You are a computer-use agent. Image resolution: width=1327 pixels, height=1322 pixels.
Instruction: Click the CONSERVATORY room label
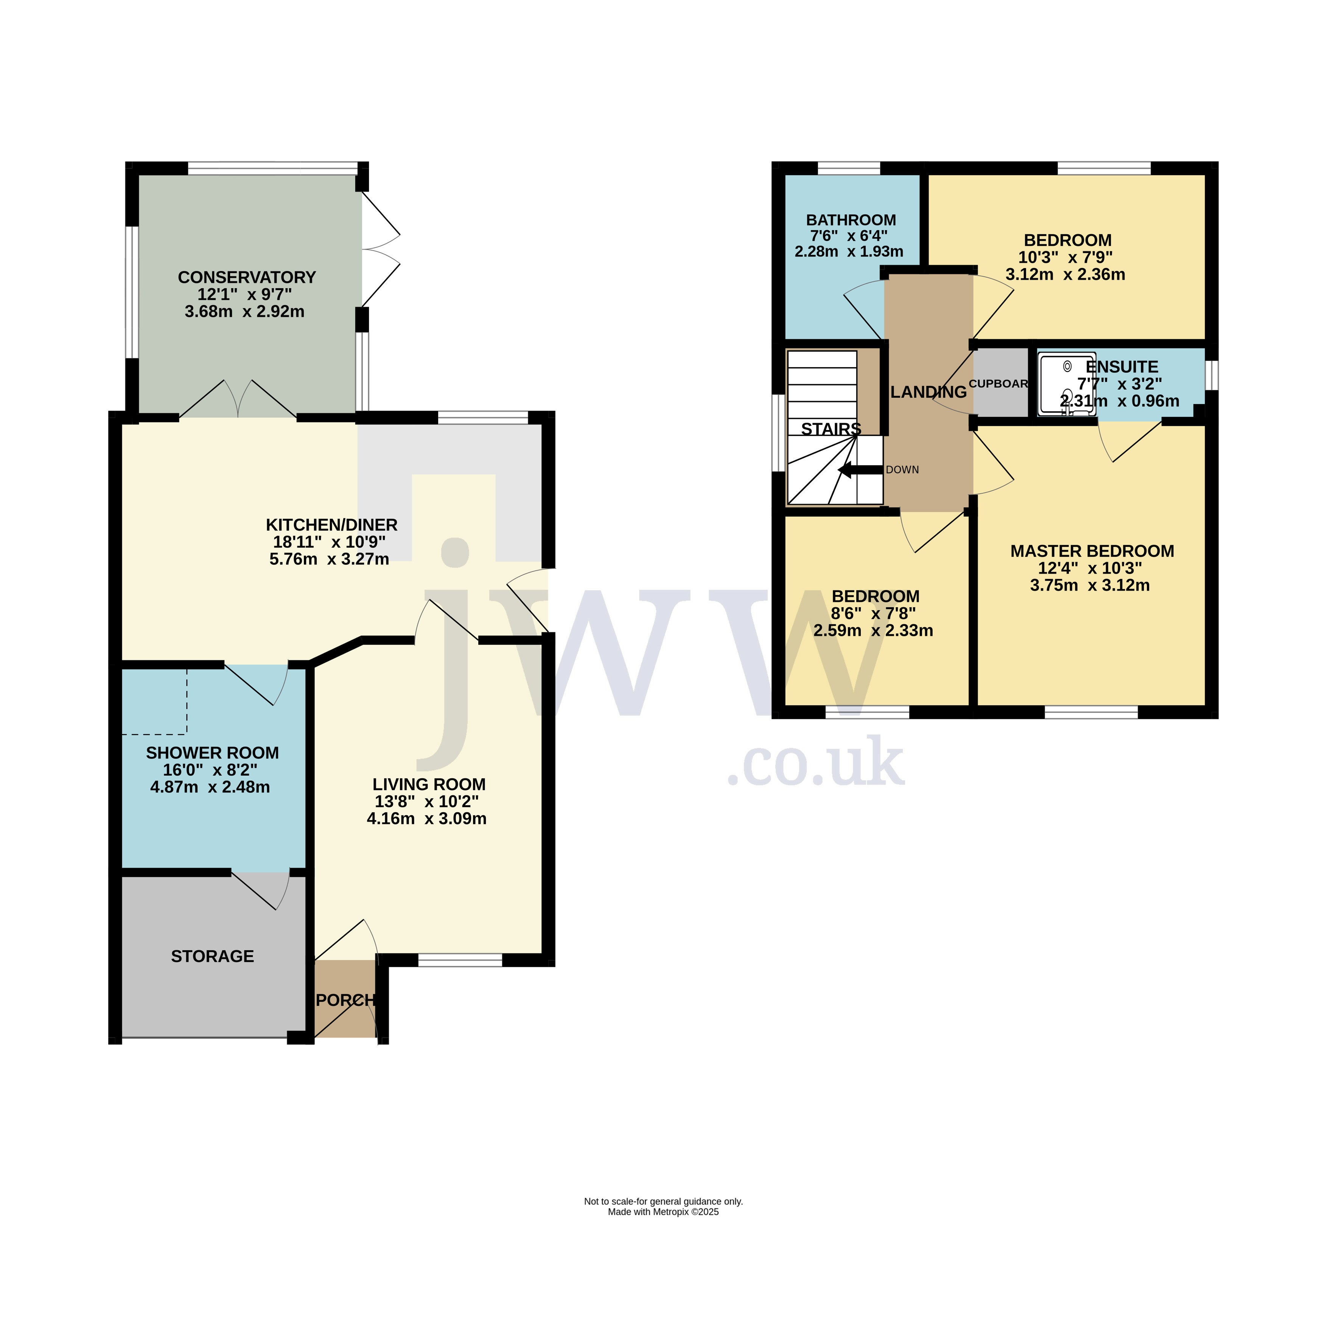point(247,277)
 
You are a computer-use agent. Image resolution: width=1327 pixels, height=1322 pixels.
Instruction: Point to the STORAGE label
point(212,956)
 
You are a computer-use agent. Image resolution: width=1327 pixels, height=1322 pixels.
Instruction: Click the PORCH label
point(345,1001)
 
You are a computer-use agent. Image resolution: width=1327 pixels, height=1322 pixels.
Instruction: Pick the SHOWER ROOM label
point(212,753)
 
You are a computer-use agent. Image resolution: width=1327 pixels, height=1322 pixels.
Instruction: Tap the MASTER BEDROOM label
point(1092,551)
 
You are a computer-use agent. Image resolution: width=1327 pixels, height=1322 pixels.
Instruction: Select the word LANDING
point(929,392)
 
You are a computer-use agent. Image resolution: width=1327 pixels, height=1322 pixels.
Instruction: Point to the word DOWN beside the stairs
point(902,470)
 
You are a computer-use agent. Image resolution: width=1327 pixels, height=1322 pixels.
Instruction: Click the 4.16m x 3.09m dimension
point(426,819)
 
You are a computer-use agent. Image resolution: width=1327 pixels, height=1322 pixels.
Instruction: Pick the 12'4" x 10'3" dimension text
point(1090,568)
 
